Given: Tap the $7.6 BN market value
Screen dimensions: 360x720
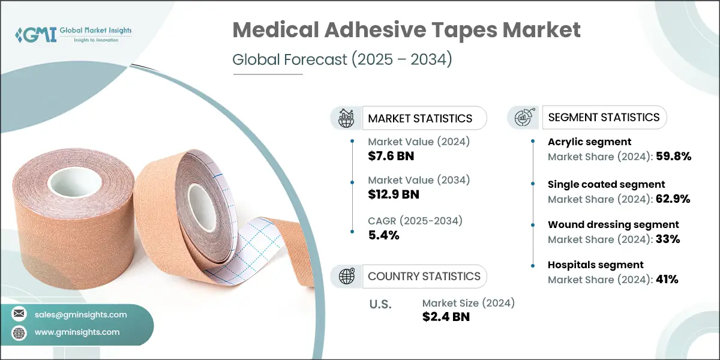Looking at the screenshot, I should tap(391, 156).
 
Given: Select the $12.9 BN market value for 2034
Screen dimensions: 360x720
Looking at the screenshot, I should tap(394, 194).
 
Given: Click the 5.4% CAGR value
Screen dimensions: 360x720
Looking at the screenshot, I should tap(383, 235).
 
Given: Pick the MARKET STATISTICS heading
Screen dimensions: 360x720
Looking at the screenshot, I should tap(420, 118).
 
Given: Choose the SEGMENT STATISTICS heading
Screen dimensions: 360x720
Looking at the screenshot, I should tap(604, 117).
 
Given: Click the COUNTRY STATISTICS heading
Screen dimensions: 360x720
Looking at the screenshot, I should tap(424, 277).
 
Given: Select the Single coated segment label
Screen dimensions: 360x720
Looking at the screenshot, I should tap(607, 184).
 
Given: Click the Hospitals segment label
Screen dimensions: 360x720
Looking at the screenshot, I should tap(596, 265).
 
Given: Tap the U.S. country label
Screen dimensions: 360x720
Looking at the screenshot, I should tap(380, 304).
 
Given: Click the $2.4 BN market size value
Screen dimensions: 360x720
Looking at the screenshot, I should tap(446, 317).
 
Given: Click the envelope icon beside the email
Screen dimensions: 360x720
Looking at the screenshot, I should tap(19, 314).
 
